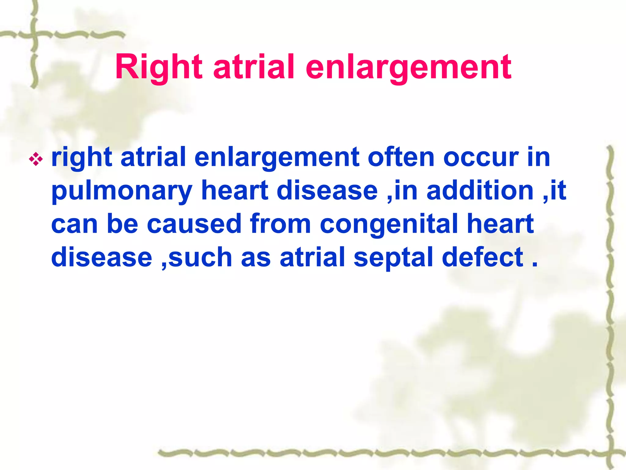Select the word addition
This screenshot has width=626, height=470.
(480, 190)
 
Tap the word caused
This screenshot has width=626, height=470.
(194, 224)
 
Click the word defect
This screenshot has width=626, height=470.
(483, 257)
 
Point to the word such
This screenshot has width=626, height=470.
(200, 257)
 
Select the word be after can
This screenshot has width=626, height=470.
(123, 224)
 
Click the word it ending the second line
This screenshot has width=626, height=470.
(558, 190)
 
